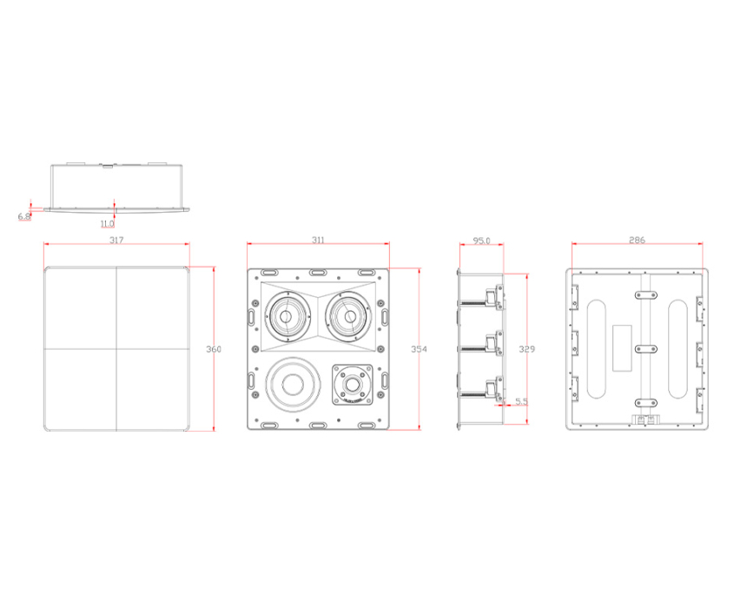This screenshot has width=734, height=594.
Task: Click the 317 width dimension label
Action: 116,241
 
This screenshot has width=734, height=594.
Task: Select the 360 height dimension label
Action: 214,349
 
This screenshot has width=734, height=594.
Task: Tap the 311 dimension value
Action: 318,241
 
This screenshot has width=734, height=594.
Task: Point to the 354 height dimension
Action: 419,349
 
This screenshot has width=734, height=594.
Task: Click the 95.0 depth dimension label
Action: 481,241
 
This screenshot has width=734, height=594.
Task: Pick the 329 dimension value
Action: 526,349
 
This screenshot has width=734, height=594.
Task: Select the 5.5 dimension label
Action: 521,401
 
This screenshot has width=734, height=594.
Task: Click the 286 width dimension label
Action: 637,241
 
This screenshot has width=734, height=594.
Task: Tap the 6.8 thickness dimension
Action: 24,217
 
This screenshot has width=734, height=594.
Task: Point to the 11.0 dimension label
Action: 107,224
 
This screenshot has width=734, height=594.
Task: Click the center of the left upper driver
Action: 286,317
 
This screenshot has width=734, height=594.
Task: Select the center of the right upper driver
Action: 350,317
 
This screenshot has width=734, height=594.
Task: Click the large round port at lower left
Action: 293,385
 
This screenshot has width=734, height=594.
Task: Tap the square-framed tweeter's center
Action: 353,385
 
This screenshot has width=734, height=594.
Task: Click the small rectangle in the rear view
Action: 622,348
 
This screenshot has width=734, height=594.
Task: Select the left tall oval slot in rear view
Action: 597,349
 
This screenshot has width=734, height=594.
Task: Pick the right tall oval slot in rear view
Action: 678,349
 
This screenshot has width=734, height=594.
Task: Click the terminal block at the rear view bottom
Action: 645,419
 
